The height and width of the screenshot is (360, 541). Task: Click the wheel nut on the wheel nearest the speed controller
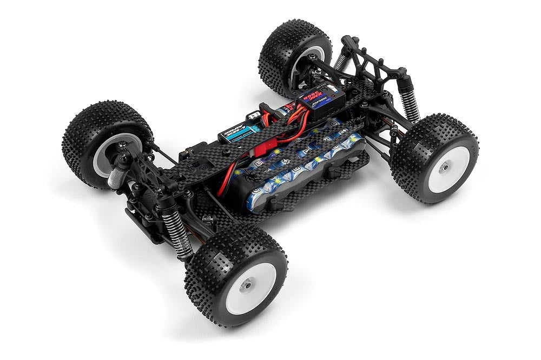coord(444,167)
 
